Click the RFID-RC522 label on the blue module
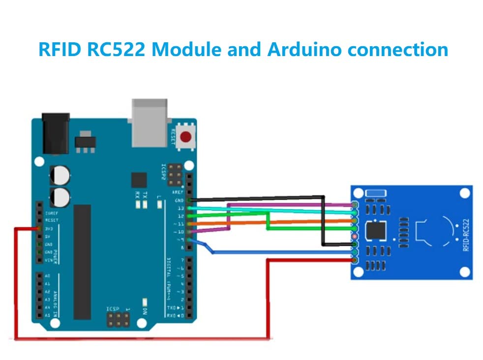coord(465,235)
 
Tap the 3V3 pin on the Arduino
coord(39,229)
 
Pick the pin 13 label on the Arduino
coord(181,209)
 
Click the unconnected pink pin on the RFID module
coord(355,237)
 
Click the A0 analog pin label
coord(47,276)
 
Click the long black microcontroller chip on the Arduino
coord(82,262)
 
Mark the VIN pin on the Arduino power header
coord(39,259)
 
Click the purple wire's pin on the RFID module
coord(355,205)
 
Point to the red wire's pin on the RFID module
coord(355,259)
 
